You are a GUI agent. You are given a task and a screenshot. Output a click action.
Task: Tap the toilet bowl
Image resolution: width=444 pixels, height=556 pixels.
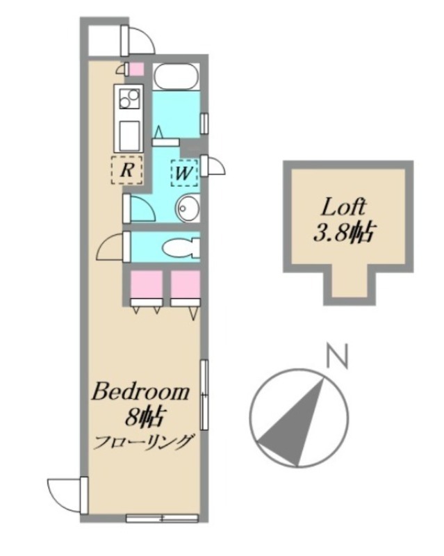pyautogui.click(x=181, y=247)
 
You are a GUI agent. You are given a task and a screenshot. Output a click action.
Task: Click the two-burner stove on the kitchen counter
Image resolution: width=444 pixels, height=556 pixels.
pyautogui.click(x=129, y=98)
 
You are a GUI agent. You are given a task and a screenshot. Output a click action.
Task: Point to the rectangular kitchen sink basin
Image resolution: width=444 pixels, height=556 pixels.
pyautogui.click(x=129, y=136)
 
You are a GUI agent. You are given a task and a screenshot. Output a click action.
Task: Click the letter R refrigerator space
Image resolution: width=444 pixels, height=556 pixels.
pyautogui.click(x=127, y=170)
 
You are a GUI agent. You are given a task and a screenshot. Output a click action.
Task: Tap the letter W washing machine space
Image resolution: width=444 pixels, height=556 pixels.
pyautogui.click(x=184, y=173)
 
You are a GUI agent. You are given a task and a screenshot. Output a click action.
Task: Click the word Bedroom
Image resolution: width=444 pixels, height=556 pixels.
pyautogui.click(x=140, y=392)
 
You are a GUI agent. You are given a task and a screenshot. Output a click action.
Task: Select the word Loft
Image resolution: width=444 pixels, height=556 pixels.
pyautogui.click(x=343, y=208)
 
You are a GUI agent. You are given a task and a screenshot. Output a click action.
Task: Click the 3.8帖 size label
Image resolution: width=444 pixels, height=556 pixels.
pyautogui.click(x=343, y=233)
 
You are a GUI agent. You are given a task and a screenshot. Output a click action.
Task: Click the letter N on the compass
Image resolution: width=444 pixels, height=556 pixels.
pyautogui.click(x=337, y=356)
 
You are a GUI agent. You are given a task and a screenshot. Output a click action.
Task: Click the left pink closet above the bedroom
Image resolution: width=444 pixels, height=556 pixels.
pyautogui.click(x=147, y=285)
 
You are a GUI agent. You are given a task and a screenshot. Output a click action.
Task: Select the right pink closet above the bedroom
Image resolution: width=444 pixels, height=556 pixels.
pyautogui.click(x=185, y=285)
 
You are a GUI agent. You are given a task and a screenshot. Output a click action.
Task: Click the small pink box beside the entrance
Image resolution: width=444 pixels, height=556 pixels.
pyautogui.click(x=136, y=69)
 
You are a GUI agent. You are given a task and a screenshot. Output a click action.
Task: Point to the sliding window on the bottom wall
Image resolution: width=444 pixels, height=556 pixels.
pyautogui.click(x=162, y=518)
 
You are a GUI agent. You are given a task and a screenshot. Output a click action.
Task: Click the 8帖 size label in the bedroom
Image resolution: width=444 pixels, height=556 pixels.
pyautogui.click(x=144, y=418)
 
